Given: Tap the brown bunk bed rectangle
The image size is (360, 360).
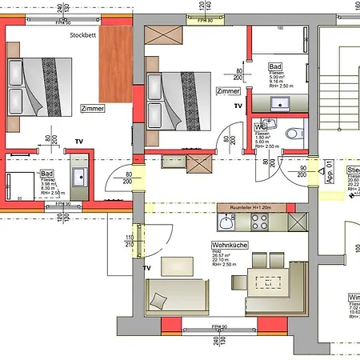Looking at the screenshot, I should (116, 72).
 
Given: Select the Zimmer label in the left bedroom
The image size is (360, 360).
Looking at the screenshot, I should (92, 108).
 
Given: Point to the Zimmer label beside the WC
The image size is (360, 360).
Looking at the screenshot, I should (228, 92).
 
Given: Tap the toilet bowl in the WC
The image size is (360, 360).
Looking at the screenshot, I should (293, 133).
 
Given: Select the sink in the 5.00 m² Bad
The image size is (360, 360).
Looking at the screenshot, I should (281, 102).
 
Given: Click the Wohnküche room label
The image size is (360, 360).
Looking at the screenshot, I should (228, 246).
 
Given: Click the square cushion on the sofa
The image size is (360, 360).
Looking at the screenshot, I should (158, 302).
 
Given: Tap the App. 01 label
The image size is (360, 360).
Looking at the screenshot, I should (328, 172).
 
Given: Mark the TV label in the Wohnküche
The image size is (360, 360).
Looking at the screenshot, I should (146, 268).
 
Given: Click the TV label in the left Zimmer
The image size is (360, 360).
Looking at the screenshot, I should (78, 141).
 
